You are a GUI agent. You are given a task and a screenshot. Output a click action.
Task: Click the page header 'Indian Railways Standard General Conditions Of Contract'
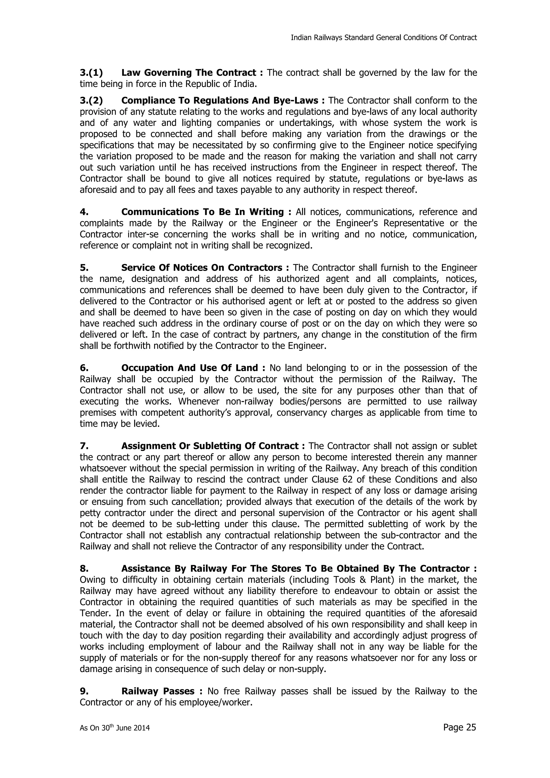pyautogui.click(x=383, y=38)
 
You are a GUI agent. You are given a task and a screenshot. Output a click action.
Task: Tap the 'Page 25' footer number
pyautogui.click(x=459, y=727)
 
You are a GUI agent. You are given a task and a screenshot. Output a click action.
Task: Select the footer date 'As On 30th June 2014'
pyautogui.click(x=115, y=728)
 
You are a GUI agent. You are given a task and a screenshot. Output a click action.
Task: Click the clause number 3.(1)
pyautogui.click(x=91, y=73)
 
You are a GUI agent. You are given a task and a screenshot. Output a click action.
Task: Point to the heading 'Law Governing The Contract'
pyautogui.click(x=189, y=73)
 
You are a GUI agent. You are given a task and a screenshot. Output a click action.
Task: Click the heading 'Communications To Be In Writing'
pyautogui.click(x=202, y=212)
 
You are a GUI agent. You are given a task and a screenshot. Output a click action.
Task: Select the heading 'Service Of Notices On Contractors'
pyautogui.click(x=202, y=268)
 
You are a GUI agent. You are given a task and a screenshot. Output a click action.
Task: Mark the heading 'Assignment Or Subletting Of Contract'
pyautogui.click(x=210, y=446)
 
